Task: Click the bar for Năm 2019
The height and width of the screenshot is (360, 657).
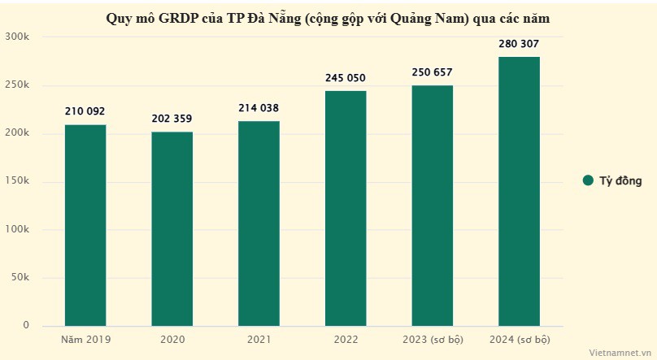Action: tap(85, 225)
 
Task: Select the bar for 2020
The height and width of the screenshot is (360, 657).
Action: tap(172, 228)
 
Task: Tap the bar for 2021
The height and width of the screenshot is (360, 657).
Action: tap(259, 223)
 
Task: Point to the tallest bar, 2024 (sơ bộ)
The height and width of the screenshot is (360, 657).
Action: tap(519, 191)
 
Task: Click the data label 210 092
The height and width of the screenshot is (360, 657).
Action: tap(85, 111)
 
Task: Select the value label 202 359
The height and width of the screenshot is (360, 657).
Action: tap(172, 119)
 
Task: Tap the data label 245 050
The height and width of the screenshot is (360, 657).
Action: tap(346, 78)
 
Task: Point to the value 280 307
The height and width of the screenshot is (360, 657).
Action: tap(519, 43)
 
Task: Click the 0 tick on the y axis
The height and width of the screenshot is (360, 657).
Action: tap(26, 326)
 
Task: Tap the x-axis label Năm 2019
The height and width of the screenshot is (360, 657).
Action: tap(85, 339)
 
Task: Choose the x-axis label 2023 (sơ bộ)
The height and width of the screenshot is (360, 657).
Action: tap(432, 339)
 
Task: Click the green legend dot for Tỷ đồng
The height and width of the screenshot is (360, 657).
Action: tap(588, 180)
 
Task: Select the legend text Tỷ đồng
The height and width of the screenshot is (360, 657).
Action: tap(621, 180)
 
